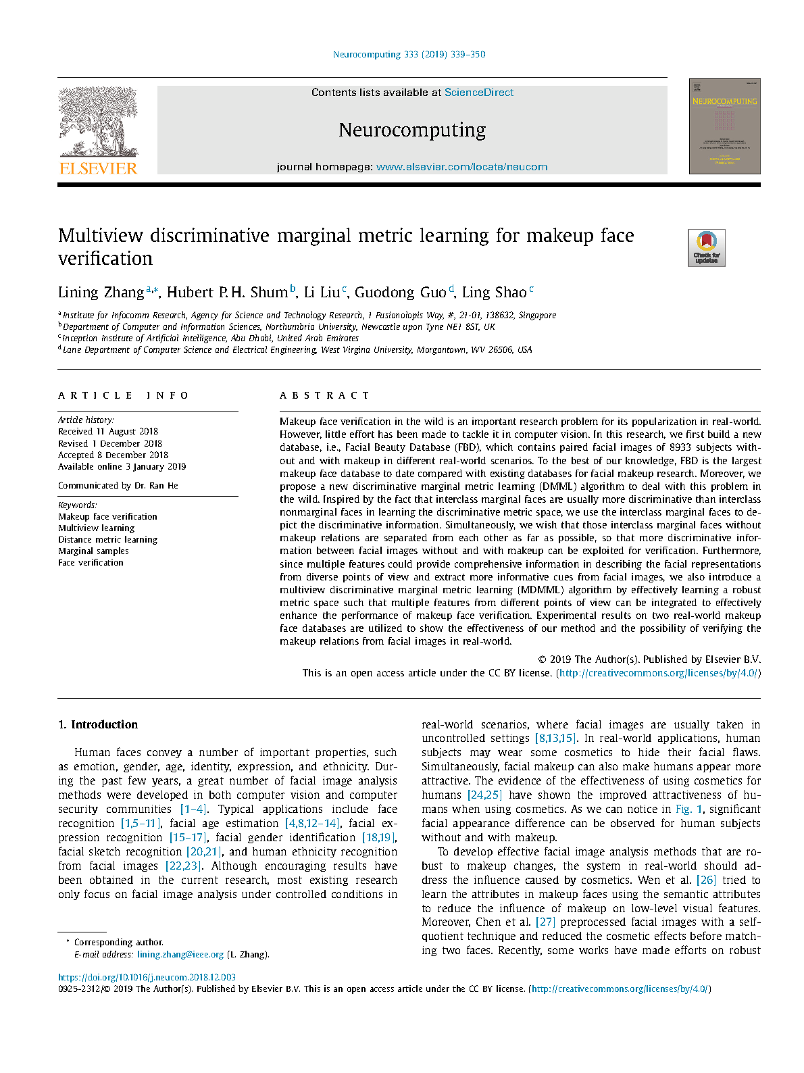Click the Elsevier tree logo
98,122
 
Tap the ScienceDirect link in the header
478,93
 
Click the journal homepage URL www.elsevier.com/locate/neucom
461,167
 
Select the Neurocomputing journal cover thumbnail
724,126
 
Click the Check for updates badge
706,248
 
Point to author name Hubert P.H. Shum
227,293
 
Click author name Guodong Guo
400,293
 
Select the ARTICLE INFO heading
124,395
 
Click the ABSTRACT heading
324,395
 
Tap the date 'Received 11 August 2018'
108,432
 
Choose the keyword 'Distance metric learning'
107,540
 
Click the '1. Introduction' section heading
98,724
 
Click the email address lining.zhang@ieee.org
180,955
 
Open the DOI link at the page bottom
147,977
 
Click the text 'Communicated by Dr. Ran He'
118,486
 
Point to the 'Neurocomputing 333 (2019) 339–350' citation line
409,55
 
